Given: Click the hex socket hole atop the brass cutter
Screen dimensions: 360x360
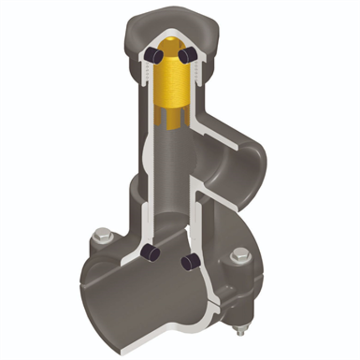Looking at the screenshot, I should click(170, 46).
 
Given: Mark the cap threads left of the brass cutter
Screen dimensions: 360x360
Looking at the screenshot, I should click(145, 75).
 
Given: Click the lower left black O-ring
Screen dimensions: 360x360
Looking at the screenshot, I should click(151, 253).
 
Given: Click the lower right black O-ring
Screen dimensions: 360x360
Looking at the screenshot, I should click(190, 261).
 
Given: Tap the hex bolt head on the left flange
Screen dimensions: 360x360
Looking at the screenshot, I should click(102, 235).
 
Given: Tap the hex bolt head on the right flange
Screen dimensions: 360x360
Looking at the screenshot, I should click(241, 255).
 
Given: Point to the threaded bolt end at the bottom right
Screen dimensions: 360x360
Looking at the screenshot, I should click(241, 330).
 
